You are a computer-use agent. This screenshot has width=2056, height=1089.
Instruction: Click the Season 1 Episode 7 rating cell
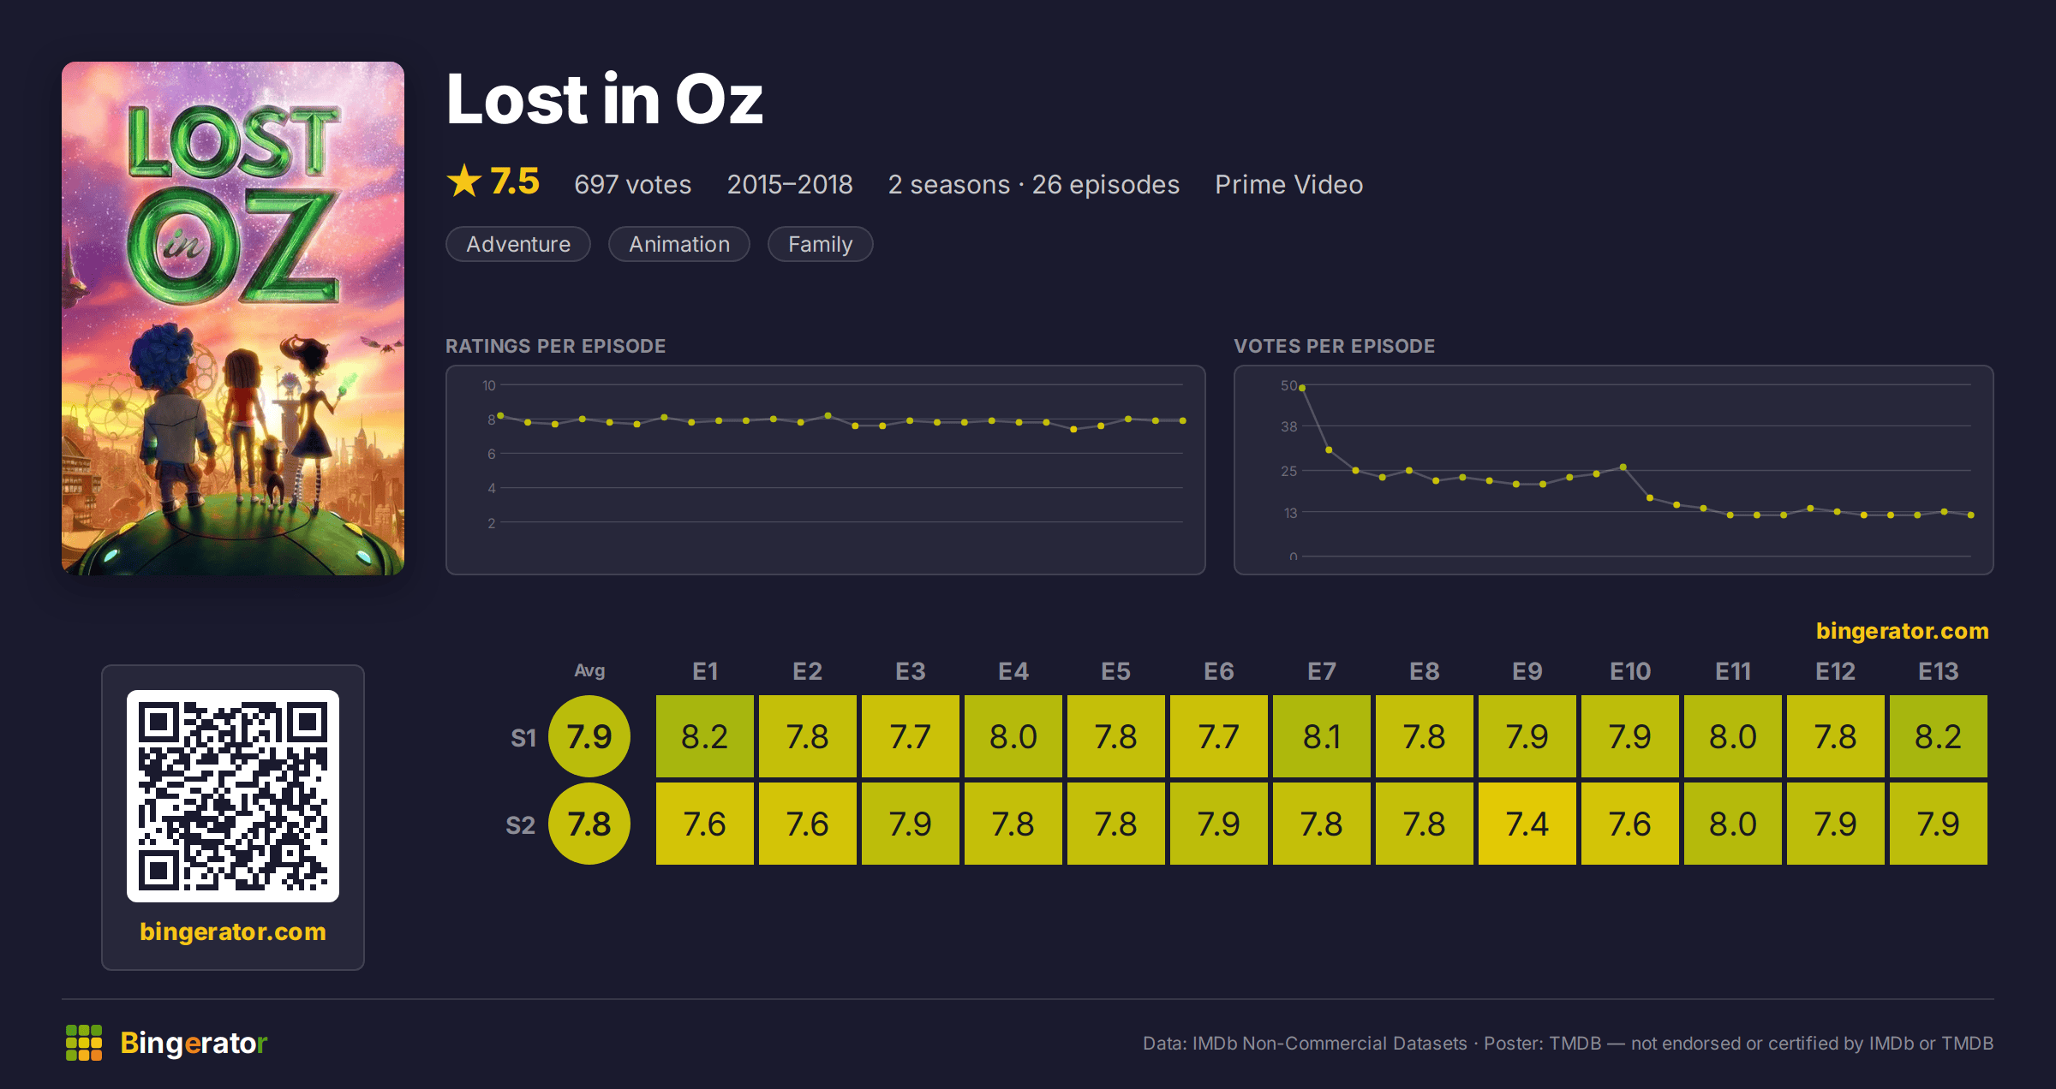[x=1321, y=736]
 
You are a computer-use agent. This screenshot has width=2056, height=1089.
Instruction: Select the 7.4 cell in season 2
[x=1527, y=824]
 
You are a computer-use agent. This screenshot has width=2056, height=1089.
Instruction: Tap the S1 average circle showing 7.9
[x=589, y=736]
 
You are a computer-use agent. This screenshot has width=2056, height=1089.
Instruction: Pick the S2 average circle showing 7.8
[x=589, y=824]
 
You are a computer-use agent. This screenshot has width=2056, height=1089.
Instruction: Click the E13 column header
[x=1938, y=671]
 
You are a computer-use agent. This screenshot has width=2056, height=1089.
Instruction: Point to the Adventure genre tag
[x=518, y=244]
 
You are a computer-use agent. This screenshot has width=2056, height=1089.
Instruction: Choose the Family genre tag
[x=820, y=244]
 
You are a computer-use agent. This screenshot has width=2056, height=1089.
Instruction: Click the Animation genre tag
[x=679, y=244]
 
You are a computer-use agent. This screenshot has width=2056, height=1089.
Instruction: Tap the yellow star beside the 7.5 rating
[x=464, y=181]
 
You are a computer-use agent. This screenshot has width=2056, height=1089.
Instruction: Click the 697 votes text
[x=632, y=184]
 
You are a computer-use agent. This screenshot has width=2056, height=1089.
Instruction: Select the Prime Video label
[x=1288, y=184]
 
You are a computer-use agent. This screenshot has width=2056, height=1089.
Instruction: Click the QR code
[x=233, y=796]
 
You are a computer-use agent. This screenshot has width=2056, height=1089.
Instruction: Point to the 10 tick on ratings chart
[x=489, y=385]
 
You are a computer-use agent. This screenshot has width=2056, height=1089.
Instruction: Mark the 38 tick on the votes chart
[x=1288, y=426]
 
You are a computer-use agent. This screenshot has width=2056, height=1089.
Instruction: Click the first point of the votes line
[x=1302, y=388]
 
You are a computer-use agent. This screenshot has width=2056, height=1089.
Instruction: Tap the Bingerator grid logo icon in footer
[x=84, y=1043]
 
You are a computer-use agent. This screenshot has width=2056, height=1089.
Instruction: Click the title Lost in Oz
[x=605, y=99]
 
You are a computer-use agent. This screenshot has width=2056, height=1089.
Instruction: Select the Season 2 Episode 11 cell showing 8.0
[x=1732, y=824]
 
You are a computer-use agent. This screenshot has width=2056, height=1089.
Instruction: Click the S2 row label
[x=520, y=825]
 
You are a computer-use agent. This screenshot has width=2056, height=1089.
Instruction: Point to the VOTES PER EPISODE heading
[x=1334, y=346]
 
